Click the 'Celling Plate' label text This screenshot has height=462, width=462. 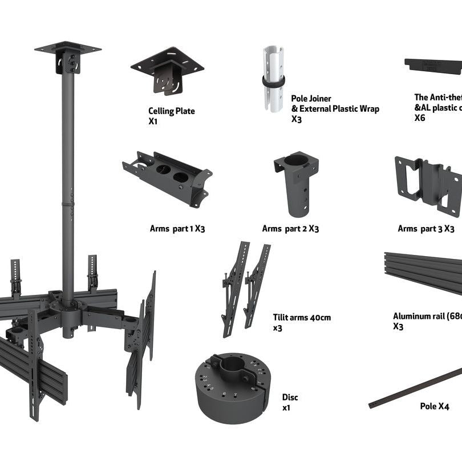coord(171,111)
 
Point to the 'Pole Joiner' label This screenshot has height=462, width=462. coord(311,99)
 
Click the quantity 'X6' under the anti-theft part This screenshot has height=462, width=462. coord(420,118)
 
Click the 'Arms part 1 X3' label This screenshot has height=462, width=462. coord(177,229)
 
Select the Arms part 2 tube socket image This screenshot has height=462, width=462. coord(296,183)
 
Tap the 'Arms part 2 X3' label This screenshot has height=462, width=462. coord(290,229)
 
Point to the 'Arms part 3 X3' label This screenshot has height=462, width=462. coord(426,229)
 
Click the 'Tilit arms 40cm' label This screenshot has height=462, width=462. coord(302,318)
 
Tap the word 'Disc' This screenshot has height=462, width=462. coord(290,397)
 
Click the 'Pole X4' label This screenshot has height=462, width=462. coord(434,407)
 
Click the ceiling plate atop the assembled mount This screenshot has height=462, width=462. coord(67,49)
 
